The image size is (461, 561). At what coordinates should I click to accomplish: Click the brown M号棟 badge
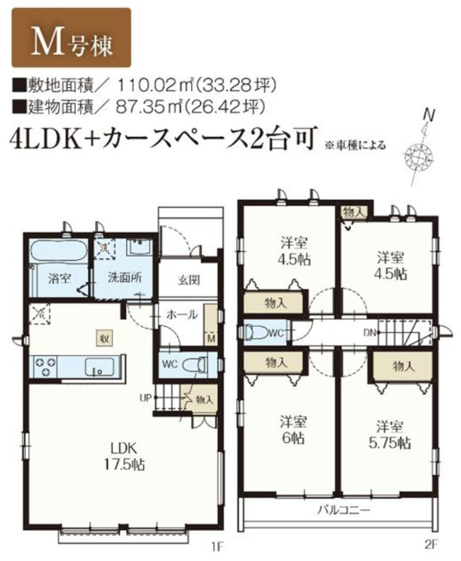click(71, 38)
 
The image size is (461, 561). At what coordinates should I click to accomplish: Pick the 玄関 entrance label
click(188, 279)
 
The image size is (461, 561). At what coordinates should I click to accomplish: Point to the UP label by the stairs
click(145, 397)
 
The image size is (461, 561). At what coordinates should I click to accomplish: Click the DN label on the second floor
click(370, 332)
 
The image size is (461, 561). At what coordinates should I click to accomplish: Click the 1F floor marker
click(214, 546)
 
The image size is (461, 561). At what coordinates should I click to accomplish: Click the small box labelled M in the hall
click(211, 339)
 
